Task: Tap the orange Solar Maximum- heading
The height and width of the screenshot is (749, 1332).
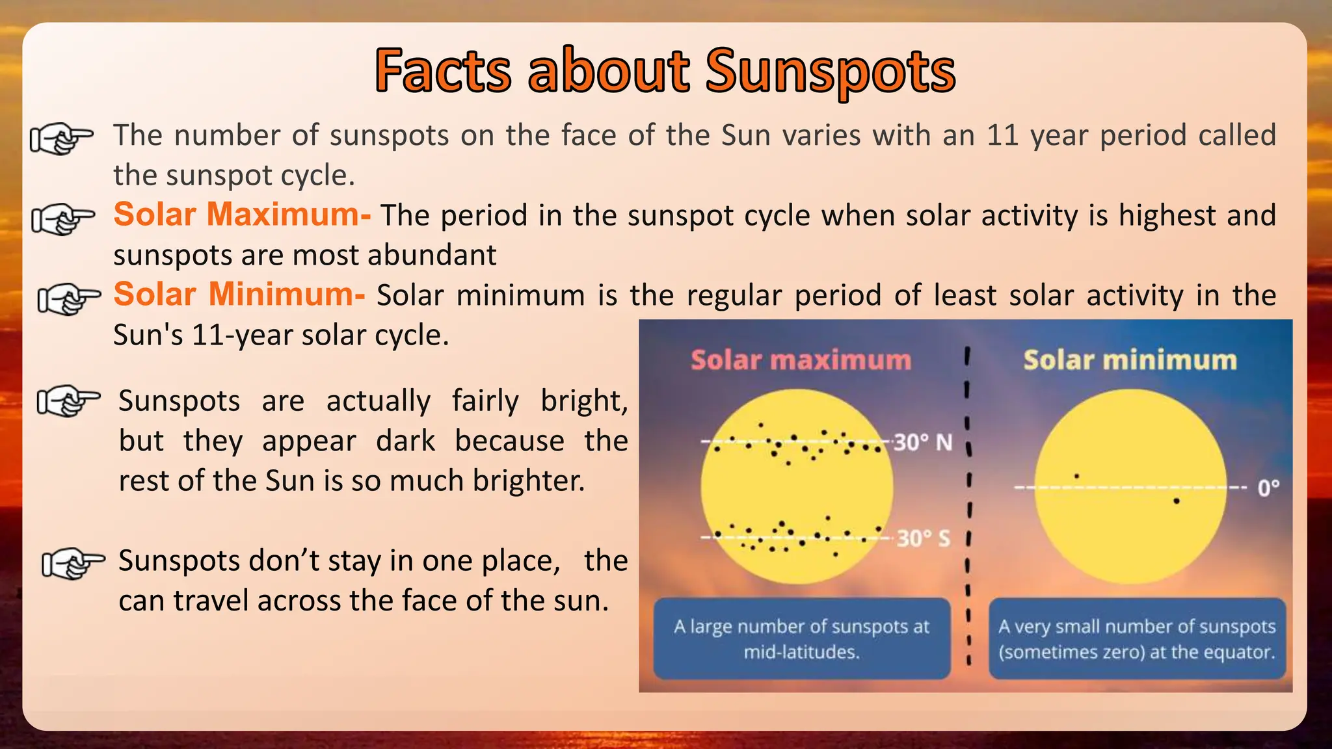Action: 242,215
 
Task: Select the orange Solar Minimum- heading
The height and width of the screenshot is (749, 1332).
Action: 239,295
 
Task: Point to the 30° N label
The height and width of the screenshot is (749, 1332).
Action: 922,443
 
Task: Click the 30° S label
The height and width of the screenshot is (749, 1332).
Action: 924,538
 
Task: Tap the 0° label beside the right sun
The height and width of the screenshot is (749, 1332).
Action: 1268,488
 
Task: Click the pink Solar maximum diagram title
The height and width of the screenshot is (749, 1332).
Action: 801,360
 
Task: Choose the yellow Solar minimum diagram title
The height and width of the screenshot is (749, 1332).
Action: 1130,360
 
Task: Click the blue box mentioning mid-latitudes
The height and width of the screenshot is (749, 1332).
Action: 801,638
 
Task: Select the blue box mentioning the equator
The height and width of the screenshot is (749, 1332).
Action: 1137,638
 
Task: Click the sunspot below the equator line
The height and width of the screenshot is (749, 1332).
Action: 1177,501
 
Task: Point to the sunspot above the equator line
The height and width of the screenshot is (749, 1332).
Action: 1076,477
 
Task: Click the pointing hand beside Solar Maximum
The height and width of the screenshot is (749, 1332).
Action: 63,220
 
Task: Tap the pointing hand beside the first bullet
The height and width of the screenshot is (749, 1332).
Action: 62,138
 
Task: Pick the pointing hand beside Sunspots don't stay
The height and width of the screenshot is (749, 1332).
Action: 73,563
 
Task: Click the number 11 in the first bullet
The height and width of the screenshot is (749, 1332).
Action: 1002,136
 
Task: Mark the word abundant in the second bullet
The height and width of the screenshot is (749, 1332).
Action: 432,256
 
